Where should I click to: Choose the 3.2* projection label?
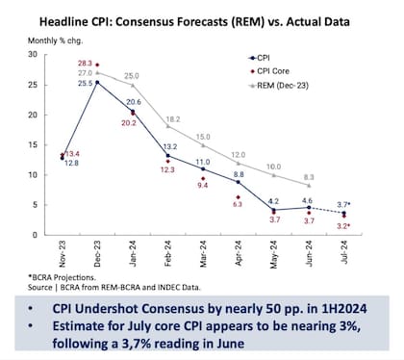tap(341, 225)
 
